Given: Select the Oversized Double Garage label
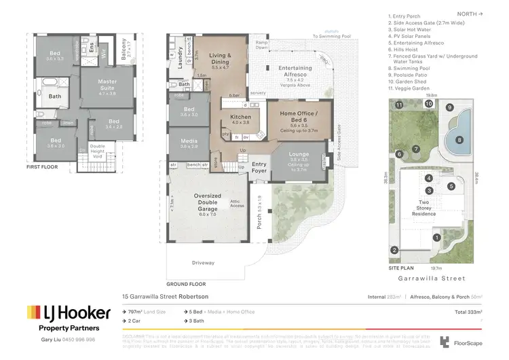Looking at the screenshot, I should pos(206,200).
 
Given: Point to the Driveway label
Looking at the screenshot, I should pos(204,263).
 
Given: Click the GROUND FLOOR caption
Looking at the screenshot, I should pos(185,285).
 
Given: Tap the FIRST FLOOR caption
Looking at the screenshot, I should pos(42,166).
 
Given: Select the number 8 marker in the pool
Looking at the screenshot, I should pos(459,140).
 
